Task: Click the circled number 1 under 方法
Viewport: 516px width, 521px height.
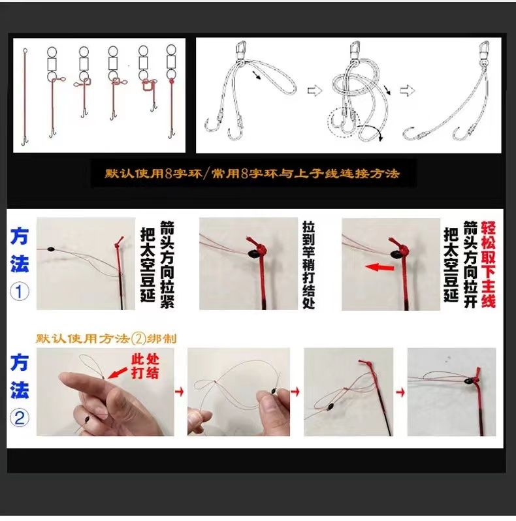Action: tap(20, 292)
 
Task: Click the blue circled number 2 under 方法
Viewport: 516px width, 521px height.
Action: tap(20, 418)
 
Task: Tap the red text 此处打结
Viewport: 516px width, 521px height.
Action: tap(145, 366)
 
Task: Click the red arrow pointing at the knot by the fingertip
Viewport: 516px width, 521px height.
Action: tap(118, 373)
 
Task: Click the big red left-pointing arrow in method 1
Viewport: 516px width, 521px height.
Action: tap(379, 267)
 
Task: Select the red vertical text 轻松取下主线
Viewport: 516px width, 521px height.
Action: tap(488, 264)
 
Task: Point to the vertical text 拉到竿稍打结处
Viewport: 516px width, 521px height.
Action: tap(308, 264)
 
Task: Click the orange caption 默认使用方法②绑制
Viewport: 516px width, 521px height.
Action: tap(106, 339)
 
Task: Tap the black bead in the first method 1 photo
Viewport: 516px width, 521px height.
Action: tap(50, 249)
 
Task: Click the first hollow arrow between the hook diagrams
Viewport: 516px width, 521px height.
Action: tap(314, 90)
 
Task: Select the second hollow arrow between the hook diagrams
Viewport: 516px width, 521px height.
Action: tap(408, 90)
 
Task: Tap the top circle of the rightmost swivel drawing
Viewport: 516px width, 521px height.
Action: tap(171, 50)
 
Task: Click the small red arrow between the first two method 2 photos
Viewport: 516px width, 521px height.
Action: tap(180, 392)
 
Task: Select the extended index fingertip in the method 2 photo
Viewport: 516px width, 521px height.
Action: tap(63, 378)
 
